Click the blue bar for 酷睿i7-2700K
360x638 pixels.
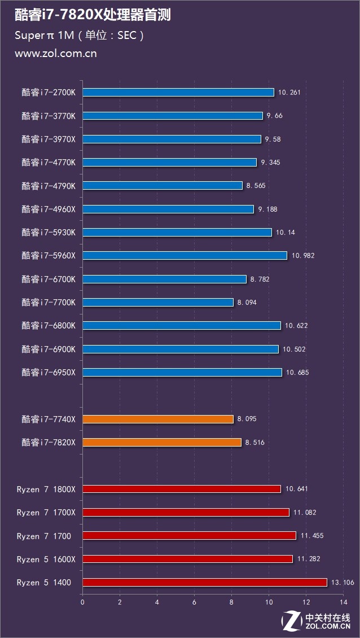pos(178,92)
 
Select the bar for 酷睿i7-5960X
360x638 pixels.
pos(185,255)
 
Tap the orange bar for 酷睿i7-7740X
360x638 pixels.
pos(158,419)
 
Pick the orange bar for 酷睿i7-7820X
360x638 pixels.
pos(162,442)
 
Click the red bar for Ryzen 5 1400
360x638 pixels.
pos(205,582)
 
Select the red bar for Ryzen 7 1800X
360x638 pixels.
pos(182,489)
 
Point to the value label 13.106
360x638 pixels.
pos(343,583)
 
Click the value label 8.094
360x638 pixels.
pos(247,303)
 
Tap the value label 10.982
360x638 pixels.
pos(303,256)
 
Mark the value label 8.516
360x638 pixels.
pos(255,443)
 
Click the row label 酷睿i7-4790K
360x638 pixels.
pos(52,186)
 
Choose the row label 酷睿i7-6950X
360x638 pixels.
pos(52,372)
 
